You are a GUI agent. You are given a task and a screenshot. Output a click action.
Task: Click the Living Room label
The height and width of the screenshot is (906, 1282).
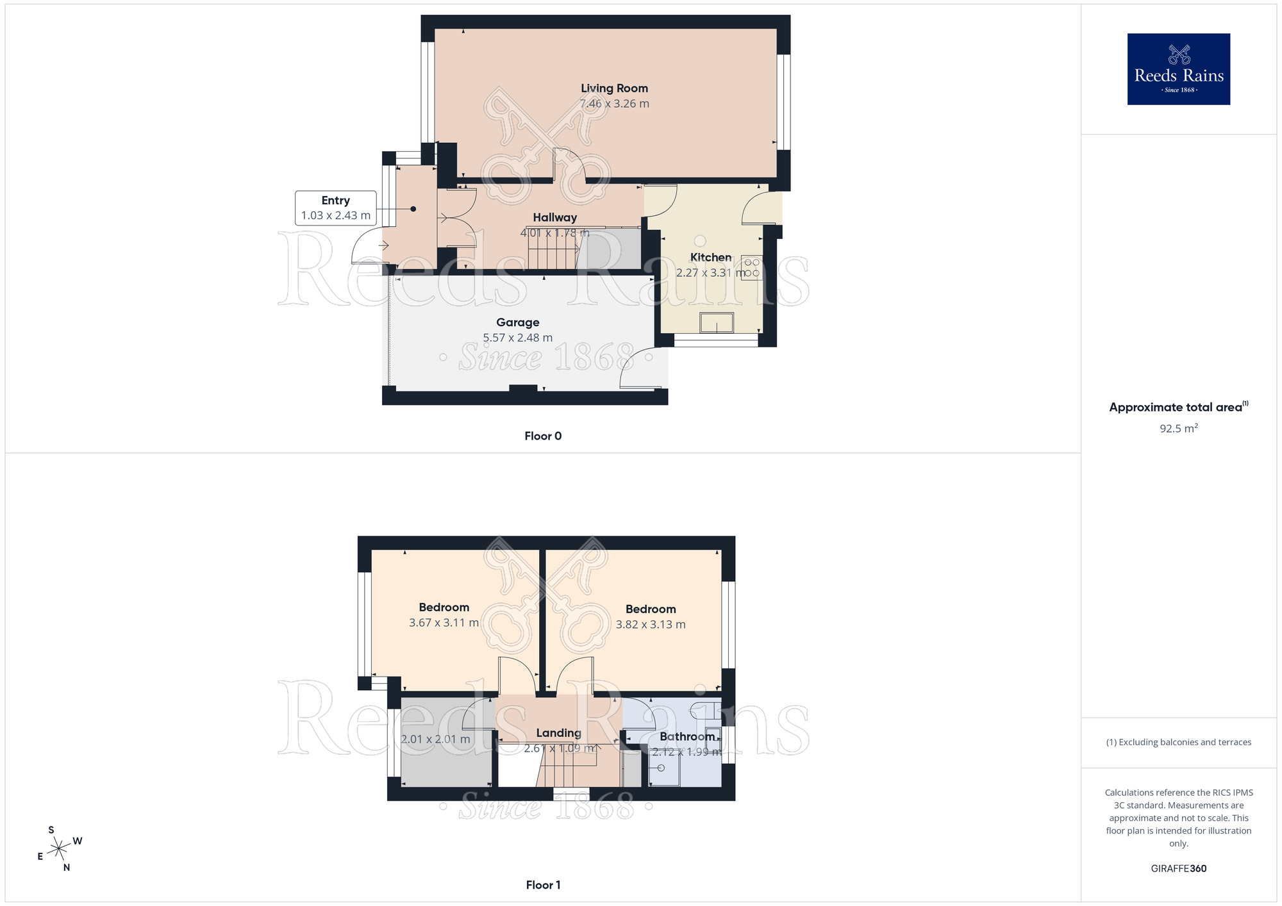[614, 88]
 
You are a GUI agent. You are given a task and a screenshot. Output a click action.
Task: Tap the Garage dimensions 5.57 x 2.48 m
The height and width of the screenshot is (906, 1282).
[517, 338]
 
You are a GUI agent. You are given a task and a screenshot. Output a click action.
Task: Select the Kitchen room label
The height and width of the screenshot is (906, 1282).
[710, 257]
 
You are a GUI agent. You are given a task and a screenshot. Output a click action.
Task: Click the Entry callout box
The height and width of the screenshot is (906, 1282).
[335, 208]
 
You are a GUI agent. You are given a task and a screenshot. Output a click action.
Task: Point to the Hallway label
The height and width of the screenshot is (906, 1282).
[554, 217]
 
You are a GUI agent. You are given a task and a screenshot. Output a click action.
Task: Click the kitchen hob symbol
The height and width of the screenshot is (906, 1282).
[752, 268]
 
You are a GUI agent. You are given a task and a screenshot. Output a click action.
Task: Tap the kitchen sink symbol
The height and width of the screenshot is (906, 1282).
[716, 322]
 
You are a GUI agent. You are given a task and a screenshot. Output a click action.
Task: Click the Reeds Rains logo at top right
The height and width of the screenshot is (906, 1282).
[1178, 69]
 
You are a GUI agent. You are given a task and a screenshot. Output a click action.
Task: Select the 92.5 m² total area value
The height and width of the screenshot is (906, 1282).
[1178, 429]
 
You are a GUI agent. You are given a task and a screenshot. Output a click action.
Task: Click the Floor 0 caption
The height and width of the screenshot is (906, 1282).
[543, 436]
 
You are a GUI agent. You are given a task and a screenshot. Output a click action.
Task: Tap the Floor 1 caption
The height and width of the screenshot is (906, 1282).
[543, 885]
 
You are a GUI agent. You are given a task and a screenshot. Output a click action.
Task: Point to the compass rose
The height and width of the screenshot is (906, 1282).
[59, 849]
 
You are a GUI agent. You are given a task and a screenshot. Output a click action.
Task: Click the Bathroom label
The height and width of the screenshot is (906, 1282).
[687, 736]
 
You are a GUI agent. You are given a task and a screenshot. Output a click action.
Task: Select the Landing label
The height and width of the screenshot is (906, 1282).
[558, 733]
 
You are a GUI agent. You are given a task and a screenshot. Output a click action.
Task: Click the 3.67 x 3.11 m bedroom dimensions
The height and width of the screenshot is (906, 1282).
[444, 623]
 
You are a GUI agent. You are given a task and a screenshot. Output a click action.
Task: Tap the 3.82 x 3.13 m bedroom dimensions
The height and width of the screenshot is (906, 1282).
[650, 625]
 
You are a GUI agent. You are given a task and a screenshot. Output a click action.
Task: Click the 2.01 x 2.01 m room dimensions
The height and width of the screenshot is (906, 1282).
[435, 739]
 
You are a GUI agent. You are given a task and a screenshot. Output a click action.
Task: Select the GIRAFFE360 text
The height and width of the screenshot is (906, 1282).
[1178, 869]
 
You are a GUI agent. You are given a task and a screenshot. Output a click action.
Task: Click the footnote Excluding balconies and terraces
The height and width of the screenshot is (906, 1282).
[1178, 743]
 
